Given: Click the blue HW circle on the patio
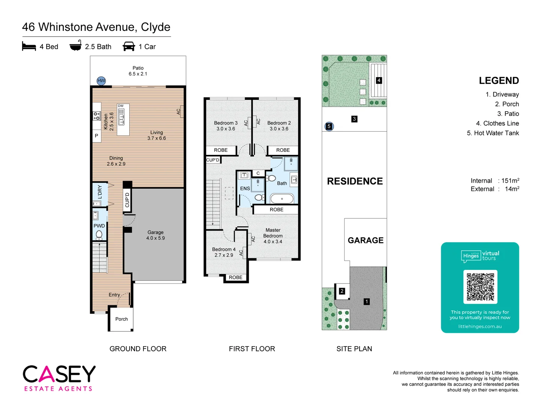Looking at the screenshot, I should point(101,81).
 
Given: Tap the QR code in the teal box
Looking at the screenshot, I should point(480,287).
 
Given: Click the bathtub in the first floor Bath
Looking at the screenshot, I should point(282,198).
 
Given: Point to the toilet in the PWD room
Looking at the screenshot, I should point(99,235).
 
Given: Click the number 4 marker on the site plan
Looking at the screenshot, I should point(379,80).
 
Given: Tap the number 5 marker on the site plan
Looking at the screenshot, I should point(329,126).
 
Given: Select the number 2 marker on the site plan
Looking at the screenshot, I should point(342,291).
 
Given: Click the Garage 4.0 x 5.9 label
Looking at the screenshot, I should point(156,235).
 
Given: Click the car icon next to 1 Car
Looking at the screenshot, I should point(129,46).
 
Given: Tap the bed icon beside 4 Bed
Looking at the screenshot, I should point(29,46).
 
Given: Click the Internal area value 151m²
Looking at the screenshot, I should point(510,181).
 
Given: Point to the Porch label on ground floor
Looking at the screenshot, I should point(121,319).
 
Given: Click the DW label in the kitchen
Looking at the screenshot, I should point(121,106).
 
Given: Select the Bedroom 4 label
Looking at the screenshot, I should point(224,252).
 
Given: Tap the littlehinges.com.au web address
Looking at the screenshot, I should point(480,326).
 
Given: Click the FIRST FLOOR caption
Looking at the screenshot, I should point(252,349).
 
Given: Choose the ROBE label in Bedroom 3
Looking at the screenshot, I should point(221,150).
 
